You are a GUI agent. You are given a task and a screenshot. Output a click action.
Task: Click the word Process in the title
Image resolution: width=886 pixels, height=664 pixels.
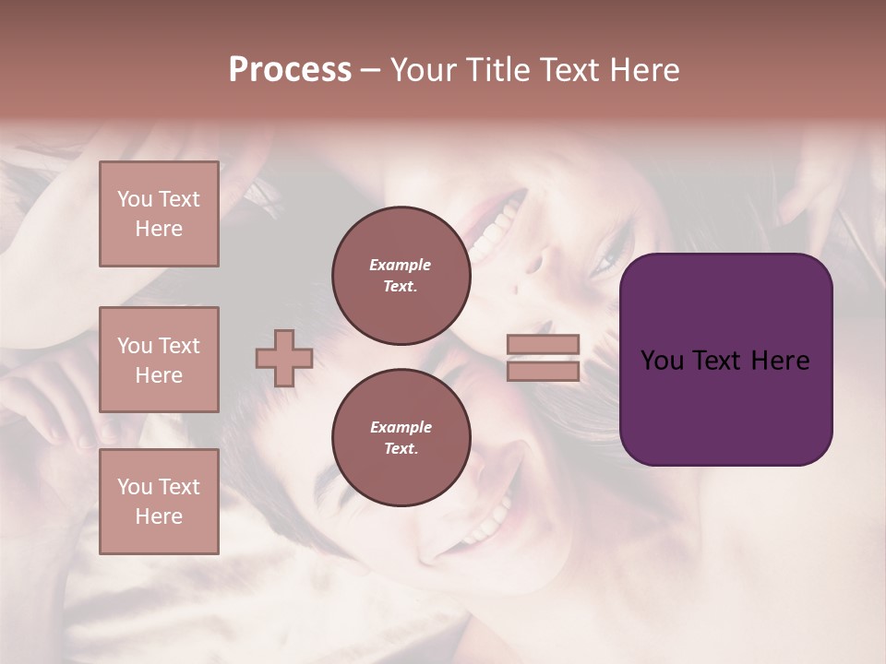click(x=290, y=70)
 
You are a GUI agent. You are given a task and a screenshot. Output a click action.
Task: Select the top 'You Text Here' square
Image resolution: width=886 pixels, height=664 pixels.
click(x=159, y=214)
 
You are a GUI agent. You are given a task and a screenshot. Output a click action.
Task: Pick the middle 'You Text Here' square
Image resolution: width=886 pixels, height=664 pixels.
click(x=159, y=360)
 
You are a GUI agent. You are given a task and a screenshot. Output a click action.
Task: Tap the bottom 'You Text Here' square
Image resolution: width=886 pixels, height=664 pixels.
click(x=159, y=502)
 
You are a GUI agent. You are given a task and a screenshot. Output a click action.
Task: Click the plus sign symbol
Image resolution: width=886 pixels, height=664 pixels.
click(x=283, y=358)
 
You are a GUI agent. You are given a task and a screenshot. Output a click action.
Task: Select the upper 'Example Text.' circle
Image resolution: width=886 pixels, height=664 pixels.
click(x=401, y=276)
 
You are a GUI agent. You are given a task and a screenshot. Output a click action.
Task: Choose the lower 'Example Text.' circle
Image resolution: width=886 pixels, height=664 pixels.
click(x=401, y=438)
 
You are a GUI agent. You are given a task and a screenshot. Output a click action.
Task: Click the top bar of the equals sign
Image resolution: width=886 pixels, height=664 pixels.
click(x=543, y=345)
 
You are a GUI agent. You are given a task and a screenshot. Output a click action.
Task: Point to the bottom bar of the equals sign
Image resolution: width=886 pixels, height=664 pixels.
click(x=543, y=371)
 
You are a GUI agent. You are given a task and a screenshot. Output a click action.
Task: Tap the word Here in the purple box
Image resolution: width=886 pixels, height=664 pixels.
click(x=780, y=361)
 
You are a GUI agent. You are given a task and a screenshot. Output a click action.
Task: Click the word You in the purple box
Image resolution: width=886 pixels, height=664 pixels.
click(x=662, y=361)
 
